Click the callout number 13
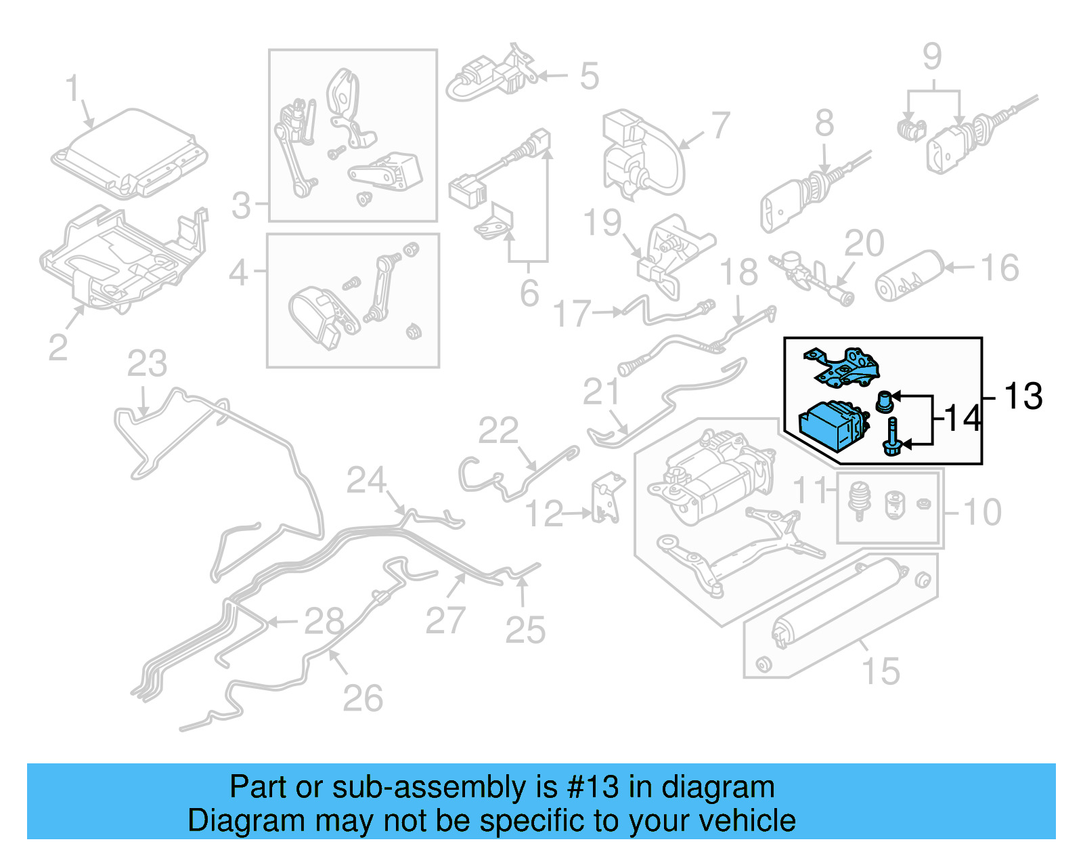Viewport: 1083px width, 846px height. click(x=1023, y=396)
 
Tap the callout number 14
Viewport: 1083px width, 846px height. click(x=962, y=419)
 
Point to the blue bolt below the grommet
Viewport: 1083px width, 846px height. click(x=891, y=437)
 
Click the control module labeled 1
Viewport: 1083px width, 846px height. click(x=129, y=154)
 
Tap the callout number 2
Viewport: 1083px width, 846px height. click(x=58, y=347)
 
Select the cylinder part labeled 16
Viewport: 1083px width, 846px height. click(x=909, y=276)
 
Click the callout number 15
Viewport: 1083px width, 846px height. click(x=881, y=671)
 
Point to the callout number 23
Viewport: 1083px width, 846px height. click(x=147, y=364)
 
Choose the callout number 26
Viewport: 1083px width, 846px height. click(x=363, y=698)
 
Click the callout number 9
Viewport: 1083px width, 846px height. click(x=932, y=57)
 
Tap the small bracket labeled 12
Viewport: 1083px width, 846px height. click(x=606, y=500)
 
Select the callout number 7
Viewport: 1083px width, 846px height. click(x=721, y=126)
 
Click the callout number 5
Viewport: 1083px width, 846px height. click(x=590, y=76)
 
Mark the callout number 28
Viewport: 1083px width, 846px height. click(x=324, y=621)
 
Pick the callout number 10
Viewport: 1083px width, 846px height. click(x=982, y=512)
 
